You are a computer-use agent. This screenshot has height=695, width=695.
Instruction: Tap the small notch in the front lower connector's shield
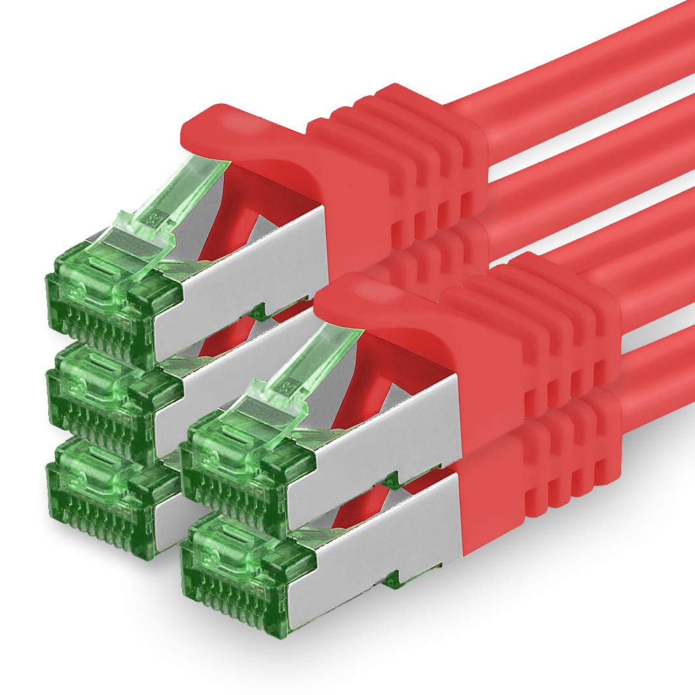point(392,578)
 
